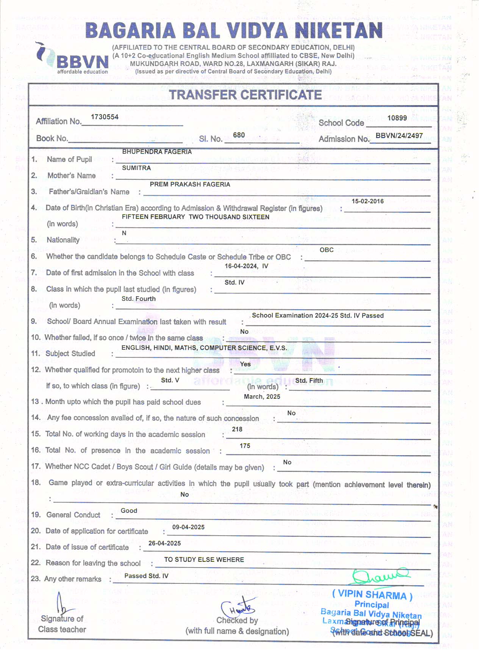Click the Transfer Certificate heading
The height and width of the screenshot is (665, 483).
245,95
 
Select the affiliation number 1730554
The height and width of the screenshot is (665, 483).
105,117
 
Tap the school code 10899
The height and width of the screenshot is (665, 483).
397,118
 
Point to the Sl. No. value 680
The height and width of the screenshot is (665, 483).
239,135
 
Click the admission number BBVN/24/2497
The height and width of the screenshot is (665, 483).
399,135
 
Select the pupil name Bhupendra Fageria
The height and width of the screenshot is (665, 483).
157,152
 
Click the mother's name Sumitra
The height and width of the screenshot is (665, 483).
136,168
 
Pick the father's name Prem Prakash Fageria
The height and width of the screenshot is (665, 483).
190,184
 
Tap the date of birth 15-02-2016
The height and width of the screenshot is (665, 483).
367,201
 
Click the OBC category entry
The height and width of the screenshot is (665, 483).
327,250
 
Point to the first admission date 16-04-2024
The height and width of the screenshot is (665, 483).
241,266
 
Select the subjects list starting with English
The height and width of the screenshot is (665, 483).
204,348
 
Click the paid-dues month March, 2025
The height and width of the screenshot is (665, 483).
262,396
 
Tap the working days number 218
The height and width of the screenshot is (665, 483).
237,429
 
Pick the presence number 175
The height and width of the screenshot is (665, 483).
245,446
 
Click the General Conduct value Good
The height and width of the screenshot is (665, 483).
129,511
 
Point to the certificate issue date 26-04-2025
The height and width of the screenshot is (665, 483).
164,543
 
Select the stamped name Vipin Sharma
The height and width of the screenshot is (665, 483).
372,594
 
